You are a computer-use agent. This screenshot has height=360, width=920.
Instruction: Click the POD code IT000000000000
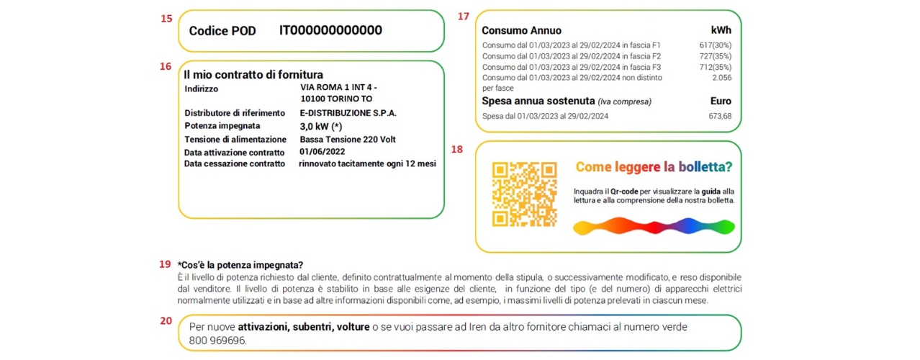tap(330, 30)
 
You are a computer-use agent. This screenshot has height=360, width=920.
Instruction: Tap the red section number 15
tap(166, 19)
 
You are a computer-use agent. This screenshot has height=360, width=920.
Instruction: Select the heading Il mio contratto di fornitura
tap(253, 75)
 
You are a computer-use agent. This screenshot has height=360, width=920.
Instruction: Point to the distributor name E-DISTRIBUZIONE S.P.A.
tap(348, 113)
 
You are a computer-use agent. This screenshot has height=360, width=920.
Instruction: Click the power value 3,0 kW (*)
tap(321, 127)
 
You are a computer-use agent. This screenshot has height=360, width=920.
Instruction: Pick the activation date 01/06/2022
tap(322, 152)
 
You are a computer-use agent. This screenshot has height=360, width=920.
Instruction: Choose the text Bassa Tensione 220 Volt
tap(348, 139)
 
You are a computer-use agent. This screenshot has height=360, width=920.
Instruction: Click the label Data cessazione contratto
tap(235, 163)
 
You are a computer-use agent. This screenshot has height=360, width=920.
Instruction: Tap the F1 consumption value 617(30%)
tap(716, 45)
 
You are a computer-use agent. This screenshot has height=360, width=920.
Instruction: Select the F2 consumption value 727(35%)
tap(716, 56)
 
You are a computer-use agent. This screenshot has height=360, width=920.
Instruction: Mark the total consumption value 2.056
tap(722, 78)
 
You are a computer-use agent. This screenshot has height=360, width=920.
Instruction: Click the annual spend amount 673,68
tap(720, 117)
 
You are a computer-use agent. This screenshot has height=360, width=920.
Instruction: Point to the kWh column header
tap(721, 30)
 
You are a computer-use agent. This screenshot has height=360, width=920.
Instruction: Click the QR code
tap(525, 194)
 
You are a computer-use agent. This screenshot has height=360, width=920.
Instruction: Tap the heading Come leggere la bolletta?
tap(654, 167)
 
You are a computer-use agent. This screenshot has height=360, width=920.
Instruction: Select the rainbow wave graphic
tap(654, 226)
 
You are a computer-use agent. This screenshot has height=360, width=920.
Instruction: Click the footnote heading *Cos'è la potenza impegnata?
tap(240, 265)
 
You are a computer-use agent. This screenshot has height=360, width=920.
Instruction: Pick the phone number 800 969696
tap(217, 341)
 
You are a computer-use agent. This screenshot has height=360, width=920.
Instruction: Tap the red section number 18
tap(457, 149)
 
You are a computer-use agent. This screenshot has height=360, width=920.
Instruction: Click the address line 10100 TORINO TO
tap(336, 99)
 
